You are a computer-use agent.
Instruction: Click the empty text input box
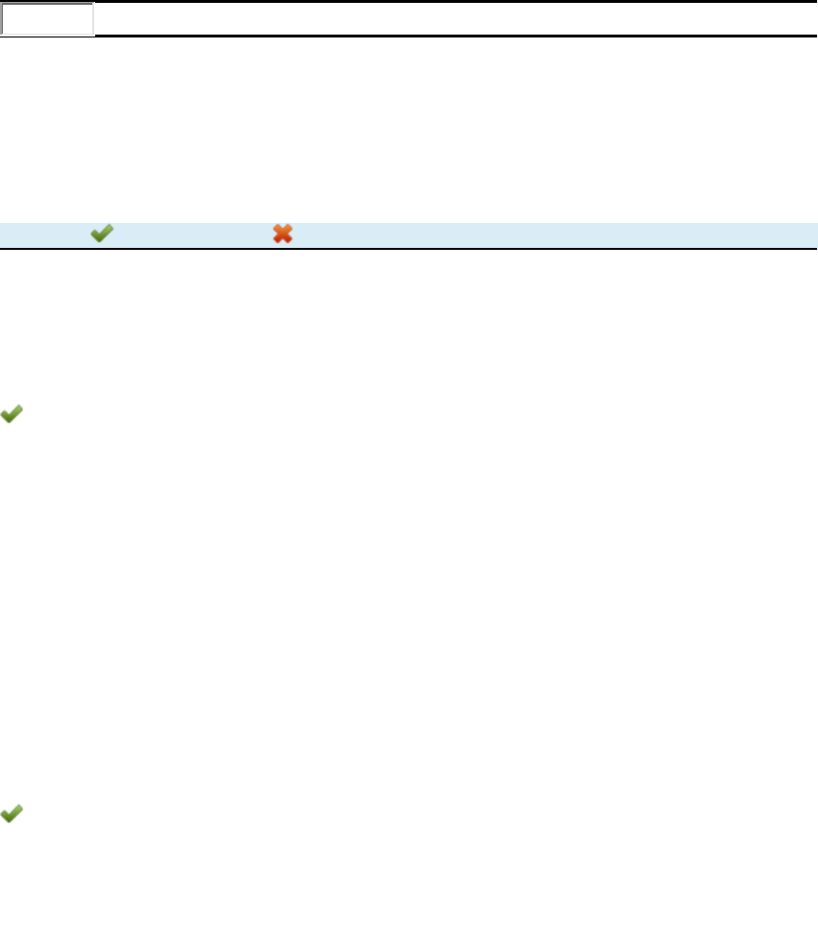coord(47,19)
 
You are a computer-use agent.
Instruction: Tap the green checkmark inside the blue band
coord(102,233)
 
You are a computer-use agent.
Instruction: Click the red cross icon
coord(283,233)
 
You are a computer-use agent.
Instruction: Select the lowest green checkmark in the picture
coord(12,814)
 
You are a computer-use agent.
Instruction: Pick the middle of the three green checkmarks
coord(12,414)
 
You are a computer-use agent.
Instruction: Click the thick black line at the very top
coord(409,1)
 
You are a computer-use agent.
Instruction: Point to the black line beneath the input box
coord(452,36)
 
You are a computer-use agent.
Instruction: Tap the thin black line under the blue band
coord(409,249)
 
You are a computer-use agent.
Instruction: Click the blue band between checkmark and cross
coord(192,234)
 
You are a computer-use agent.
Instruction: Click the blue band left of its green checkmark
coord(43,234)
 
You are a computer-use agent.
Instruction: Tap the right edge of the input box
coord(93,19)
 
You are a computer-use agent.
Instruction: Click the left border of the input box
coord(1,19)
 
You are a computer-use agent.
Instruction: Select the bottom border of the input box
coord(47,35)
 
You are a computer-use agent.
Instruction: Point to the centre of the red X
coord(283,233)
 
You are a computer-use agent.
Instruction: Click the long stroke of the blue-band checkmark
coord(106,232)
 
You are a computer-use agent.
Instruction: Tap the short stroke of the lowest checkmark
coord(6,814)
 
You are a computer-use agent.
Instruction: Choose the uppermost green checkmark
coord(102,233)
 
